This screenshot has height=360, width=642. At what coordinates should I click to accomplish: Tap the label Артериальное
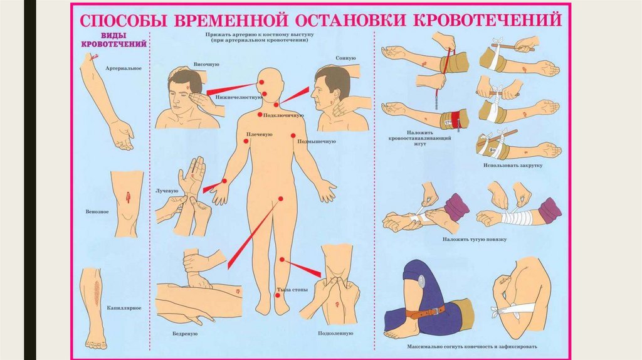coord(124,68)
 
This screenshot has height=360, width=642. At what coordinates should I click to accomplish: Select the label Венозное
coord(97,212)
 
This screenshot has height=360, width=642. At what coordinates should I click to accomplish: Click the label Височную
coord(206,65)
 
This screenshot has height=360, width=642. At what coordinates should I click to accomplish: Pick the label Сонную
coord(345,58)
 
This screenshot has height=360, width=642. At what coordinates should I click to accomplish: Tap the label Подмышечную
coord(317,141)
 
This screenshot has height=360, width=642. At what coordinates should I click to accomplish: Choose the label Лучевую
coord(167,191)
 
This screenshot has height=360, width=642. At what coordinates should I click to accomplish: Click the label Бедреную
coord(185,334)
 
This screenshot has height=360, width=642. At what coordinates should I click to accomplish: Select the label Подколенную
coord(335,334)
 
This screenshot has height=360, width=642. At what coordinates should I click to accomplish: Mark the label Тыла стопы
coord(292,290)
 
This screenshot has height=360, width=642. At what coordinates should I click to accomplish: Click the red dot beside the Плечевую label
coord(246,141)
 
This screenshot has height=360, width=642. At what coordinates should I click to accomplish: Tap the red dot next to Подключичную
coord(260,115)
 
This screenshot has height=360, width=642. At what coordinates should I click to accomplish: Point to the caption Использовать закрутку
coord(513,166)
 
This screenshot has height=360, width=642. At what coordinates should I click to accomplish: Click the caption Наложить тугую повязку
coord(475,239)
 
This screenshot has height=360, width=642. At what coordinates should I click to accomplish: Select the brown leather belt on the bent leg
coord(426,312)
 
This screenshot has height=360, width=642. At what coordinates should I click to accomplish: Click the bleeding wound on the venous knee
coord(128,198)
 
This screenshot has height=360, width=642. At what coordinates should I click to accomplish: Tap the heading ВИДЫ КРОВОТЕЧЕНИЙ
coord(114,40)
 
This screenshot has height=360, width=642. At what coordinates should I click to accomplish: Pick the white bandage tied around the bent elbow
coord(515,309)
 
